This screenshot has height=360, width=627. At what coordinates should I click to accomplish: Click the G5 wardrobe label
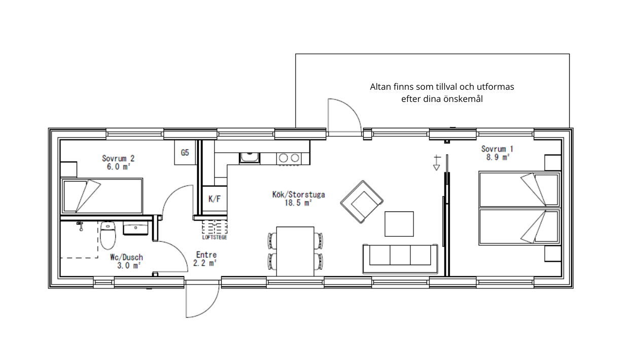click(185, 153)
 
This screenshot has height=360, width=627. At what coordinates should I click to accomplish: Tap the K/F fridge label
click(215, 199)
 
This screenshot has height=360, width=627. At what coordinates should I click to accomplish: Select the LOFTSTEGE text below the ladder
click(215, 237)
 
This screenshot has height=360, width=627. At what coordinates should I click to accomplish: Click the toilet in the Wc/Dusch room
click(108, 235)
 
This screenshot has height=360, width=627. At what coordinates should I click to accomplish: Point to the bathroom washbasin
click(135, 229)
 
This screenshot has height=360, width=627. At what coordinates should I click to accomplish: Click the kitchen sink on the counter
click(250, 158)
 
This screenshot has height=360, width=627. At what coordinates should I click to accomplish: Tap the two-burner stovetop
click(289, 158)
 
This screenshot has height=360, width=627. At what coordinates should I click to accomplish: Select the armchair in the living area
click(362, 202)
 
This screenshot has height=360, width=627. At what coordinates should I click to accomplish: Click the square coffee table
click(399, 224)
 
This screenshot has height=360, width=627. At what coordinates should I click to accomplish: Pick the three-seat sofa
click(400, 259)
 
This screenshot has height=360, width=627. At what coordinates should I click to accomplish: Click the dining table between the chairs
click(295, 251)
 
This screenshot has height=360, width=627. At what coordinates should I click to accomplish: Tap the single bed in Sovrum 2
click(101, 196)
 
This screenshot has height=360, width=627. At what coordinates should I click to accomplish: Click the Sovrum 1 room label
click(497, 149)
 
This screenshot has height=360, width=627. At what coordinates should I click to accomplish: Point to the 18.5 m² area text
click(298, 203)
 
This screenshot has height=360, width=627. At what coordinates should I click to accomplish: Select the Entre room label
click(206, 255)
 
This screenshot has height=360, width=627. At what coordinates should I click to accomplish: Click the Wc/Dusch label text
click(126, 258)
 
